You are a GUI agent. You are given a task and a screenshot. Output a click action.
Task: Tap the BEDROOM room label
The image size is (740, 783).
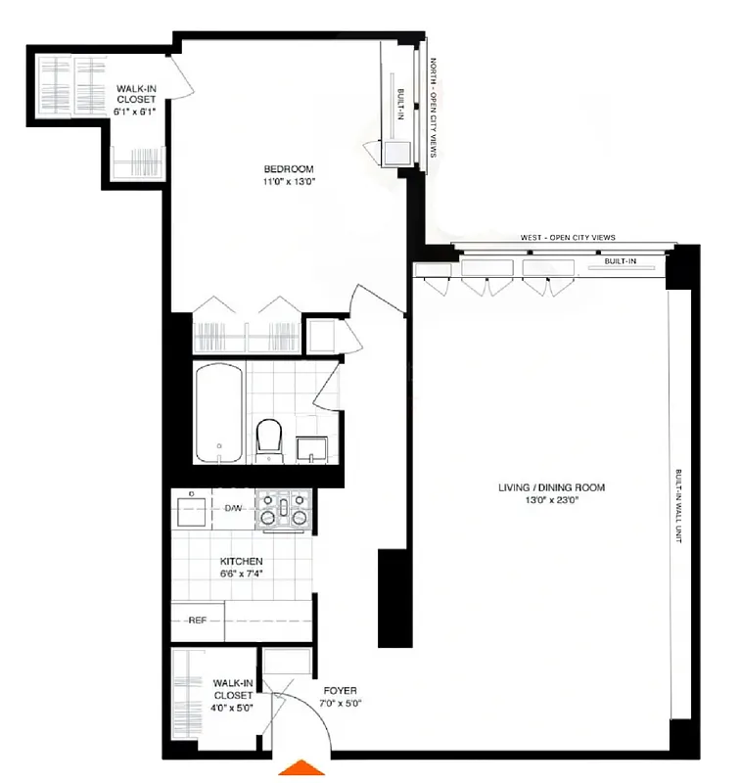coord(289,169)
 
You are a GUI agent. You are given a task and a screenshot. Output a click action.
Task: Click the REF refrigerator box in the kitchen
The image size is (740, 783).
coord(197,621)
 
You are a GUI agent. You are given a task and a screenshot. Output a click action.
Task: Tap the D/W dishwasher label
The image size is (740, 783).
coord(234,508)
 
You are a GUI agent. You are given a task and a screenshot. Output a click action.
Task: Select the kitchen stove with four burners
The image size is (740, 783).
coord(284,510)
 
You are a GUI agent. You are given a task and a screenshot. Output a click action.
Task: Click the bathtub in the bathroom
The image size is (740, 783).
coord(217,412)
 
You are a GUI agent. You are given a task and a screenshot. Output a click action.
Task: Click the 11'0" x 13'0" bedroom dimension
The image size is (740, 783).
coord(289,182)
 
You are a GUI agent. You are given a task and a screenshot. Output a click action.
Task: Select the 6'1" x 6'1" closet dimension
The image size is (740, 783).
coord(136,111)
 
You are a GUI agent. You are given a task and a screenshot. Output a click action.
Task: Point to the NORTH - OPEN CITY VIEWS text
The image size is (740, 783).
coord(434,108)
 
